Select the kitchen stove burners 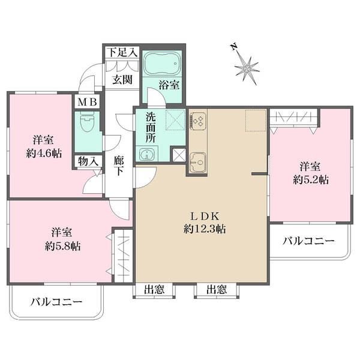point(198,121)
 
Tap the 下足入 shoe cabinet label point(122,53)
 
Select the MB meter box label point(86,101)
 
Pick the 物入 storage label point(86,161)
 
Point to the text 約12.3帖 point(205,229)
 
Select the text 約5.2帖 point(309,179)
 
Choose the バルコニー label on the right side point(308,241)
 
